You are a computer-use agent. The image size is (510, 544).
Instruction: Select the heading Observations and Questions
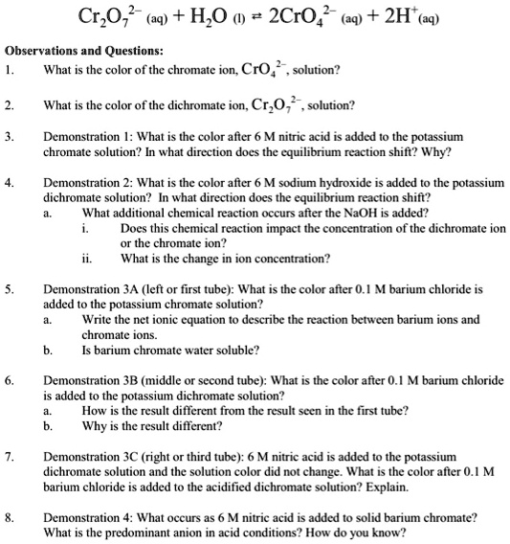pyautogui.click(x=84, y=50)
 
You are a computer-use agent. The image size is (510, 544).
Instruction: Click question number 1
pyautogui.click(x=10, y=71)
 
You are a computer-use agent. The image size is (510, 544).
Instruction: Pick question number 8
pyautogui.click(x=10, y=516)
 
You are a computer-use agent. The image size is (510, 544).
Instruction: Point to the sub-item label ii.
pyautogui.click(x=88, y=258)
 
